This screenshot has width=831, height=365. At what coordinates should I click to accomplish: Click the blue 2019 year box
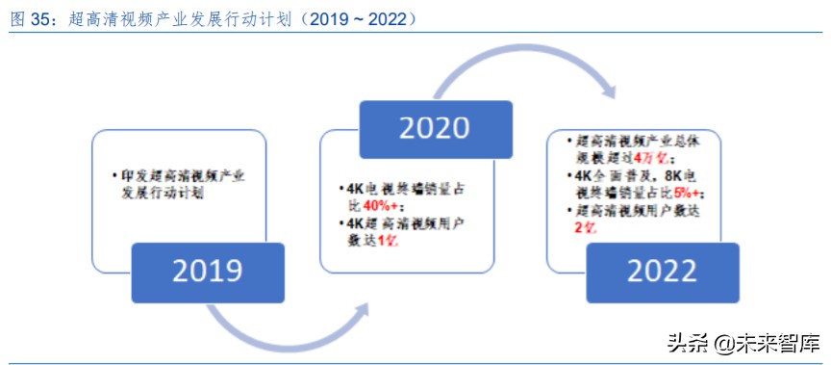pos(207,272)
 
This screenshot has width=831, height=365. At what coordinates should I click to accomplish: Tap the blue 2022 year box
pos(663,272)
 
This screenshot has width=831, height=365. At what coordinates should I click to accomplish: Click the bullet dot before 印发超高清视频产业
pos(115,176)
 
